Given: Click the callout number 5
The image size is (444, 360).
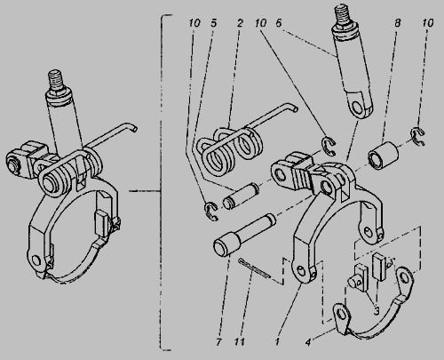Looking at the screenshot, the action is coord(214,23).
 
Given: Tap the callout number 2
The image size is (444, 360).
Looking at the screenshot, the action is coord(240,23).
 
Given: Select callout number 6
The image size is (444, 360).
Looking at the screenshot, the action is coord(279,23).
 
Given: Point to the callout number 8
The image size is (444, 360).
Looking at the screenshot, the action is coord(398,22).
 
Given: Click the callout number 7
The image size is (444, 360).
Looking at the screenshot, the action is coord(218,342).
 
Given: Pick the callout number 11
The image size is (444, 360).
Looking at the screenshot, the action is coord(239,342).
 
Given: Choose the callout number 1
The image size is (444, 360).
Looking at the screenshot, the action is coord(277,342).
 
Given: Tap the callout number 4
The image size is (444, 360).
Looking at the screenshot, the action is coord(308,342).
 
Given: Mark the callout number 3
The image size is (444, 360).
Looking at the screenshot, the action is coord(377,311).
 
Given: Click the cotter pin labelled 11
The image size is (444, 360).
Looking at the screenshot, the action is coord(254,269).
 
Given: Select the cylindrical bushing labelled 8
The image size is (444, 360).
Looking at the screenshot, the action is coord(383,156).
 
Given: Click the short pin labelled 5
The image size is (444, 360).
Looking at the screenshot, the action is coord(242,196).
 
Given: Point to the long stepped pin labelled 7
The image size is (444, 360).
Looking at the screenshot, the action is coord(244,235).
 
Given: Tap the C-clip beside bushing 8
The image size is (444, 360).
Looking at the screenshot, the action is coord(418,136).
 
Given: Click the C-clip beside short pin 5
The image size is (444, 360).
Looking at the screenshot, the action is coord(211,212).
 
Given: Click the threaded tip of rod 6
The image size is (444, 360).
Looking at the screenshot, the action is coord(342,15).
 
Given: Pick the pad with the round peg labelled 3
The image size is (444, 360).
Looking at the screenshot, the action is coord(359,276).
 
